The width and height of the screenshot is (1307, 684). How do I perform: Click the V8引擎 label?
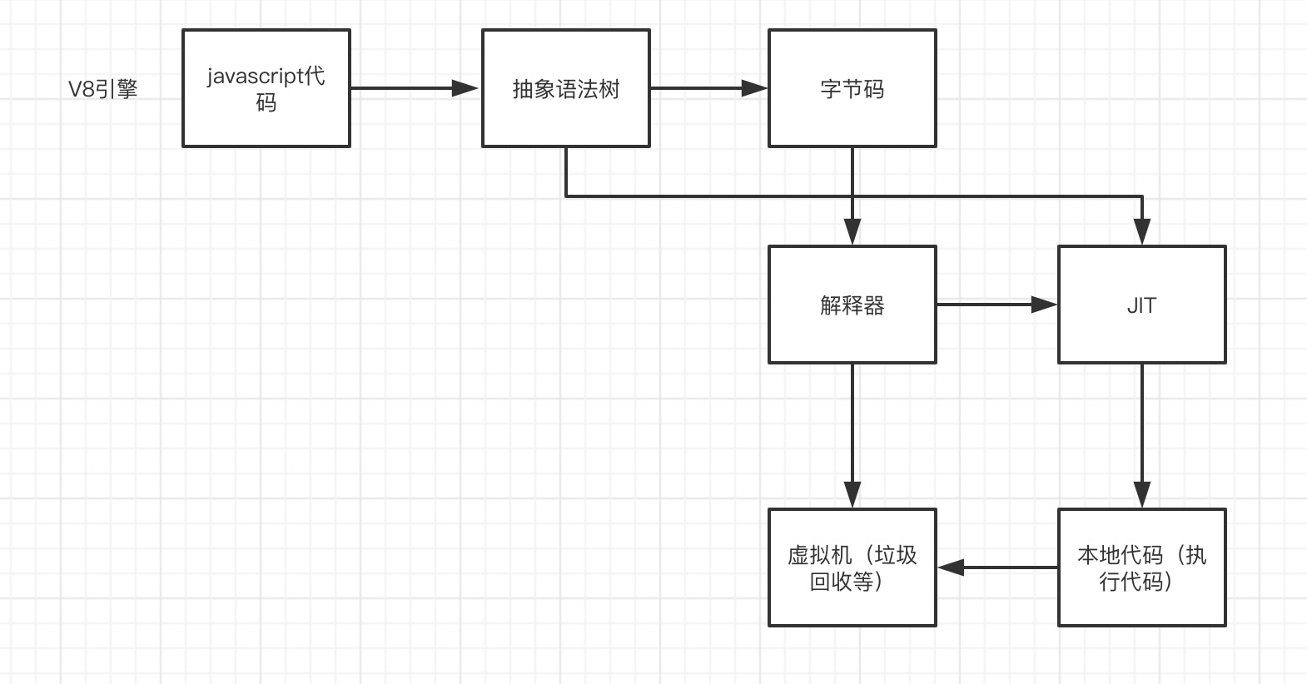[102, 89]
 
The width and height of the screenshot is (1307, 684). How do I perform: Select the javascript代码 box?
[266, 88]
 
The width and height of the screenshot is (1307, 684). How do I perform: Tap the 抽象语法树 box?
[566, 88]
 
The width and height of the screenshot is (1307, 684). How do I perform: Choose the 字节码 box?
[852, 88]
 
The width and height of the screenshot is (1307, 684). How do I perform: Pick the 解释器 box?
[852, 305]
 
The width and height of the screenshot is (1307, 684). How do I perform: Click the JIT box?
[1142, 305]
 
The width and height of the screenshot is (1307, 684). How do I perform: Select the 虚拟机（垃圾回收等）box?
[852, 568]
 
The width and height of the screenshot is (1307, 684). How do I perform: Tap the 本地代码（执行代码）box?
[1142, 568]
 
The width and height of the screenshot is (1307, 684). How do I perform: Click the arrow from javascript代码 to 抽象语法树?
[415, 88]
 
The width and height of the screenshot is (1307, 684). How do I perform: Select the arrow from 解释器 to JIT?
[997, 305]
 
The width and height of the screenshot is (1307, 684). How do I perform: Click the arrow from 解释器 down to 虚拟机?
[852, 436]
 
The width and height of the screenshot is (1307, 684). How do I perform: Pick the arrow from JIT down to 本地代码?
[1142, 436]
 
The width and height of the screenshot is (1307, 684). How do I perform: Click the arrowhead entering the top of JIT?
[1142, 232]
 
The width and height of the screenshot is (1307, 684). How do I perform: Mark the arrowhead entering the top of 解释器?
[852, 232]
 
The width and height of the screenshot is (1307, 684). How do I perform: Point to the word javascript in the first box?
[255, 77]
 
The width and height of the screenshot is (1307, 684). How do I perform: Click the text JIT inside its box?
[1142, 305]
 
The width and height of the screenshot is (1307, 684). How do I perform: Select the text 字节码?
[852, 89]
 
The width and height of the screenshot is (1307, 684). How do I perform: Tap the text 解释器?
[852, 305]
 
